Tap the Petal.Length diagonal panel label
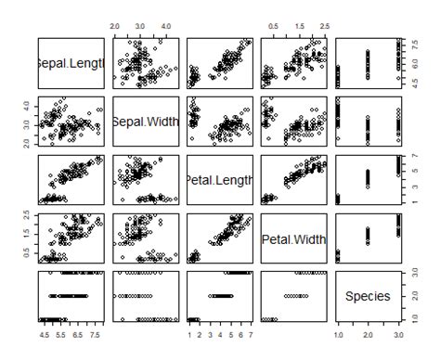pos(219,179)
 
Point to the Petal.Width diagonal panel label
pos(293,238)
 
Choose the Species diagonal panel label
pos(368,297)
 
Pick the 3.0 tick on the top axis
pos(139,27)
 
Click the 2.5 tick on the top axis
pos(323,27)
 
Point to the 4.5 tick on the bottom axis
pos(44,333)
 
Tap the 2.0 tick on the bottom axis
pos(368,333)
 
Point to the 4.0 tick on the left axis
pos(25,105)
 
